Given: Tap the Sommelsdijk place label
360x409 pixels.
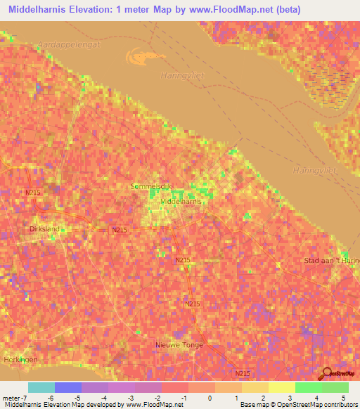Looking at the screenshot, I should coord(151,186).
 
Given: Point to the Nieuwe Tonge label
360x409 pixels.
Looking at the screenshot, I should coord(179,345).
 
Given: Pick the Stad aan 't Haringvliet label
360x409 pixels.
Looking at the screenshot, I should coord(331,261).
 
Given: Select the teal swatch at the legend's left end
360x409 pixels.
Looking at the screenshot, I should coord(41,387).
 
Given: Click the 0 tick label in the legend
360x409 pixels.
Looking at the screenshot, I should coord(210,398).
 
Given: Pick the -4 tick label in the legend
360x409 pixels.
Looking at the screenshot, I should coord(103,398).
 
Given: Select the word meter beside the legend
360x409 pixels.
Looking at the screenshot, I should coord(9,398).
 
